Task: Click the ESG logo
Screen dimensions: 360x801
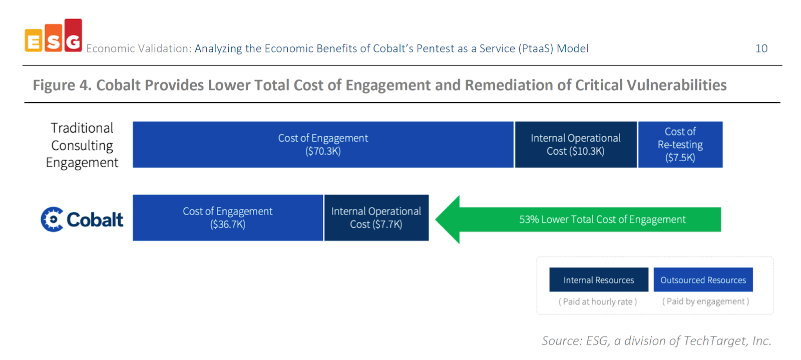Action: point(53,37)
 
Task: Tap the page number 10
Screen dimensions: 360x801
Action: point(761,49)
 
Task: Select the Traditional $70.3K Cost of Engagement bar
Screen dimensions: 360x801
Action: point(323,145)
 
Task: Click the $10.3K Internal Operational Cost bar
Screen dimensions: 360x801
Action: point(576,145)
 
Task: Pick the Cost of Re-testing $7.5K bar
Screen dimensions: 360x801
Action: point(680,145)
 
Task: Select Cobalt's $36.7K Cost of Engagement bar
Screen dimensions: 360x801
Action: point(228,218)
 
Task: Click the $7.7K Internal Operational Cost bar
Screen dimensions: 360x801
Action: point(376,218)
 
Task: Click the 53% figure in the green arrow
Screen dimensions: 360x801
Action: point(529,219)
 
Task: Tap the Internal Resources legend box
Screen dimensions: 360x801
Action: point(598,280)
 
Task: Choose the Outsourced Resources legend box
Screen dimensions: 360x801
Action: point(703,280)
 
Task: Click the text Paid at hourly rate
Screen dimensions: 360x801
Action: point(598,301)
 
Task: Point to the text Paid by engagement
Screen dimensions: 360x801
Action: point(705,301)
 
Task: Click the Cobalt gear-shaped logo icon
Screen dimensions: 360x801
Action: point(52,219)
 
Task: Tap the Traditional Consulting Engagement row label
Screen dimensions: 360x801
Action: point(82,145)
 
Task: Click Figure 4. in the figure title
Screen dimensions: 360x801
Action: point(62,85)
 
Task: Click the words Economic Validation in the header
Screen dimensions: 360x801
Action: point(138,49)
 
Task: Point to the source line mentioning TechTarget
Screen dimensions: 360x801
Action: point(656,341)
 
